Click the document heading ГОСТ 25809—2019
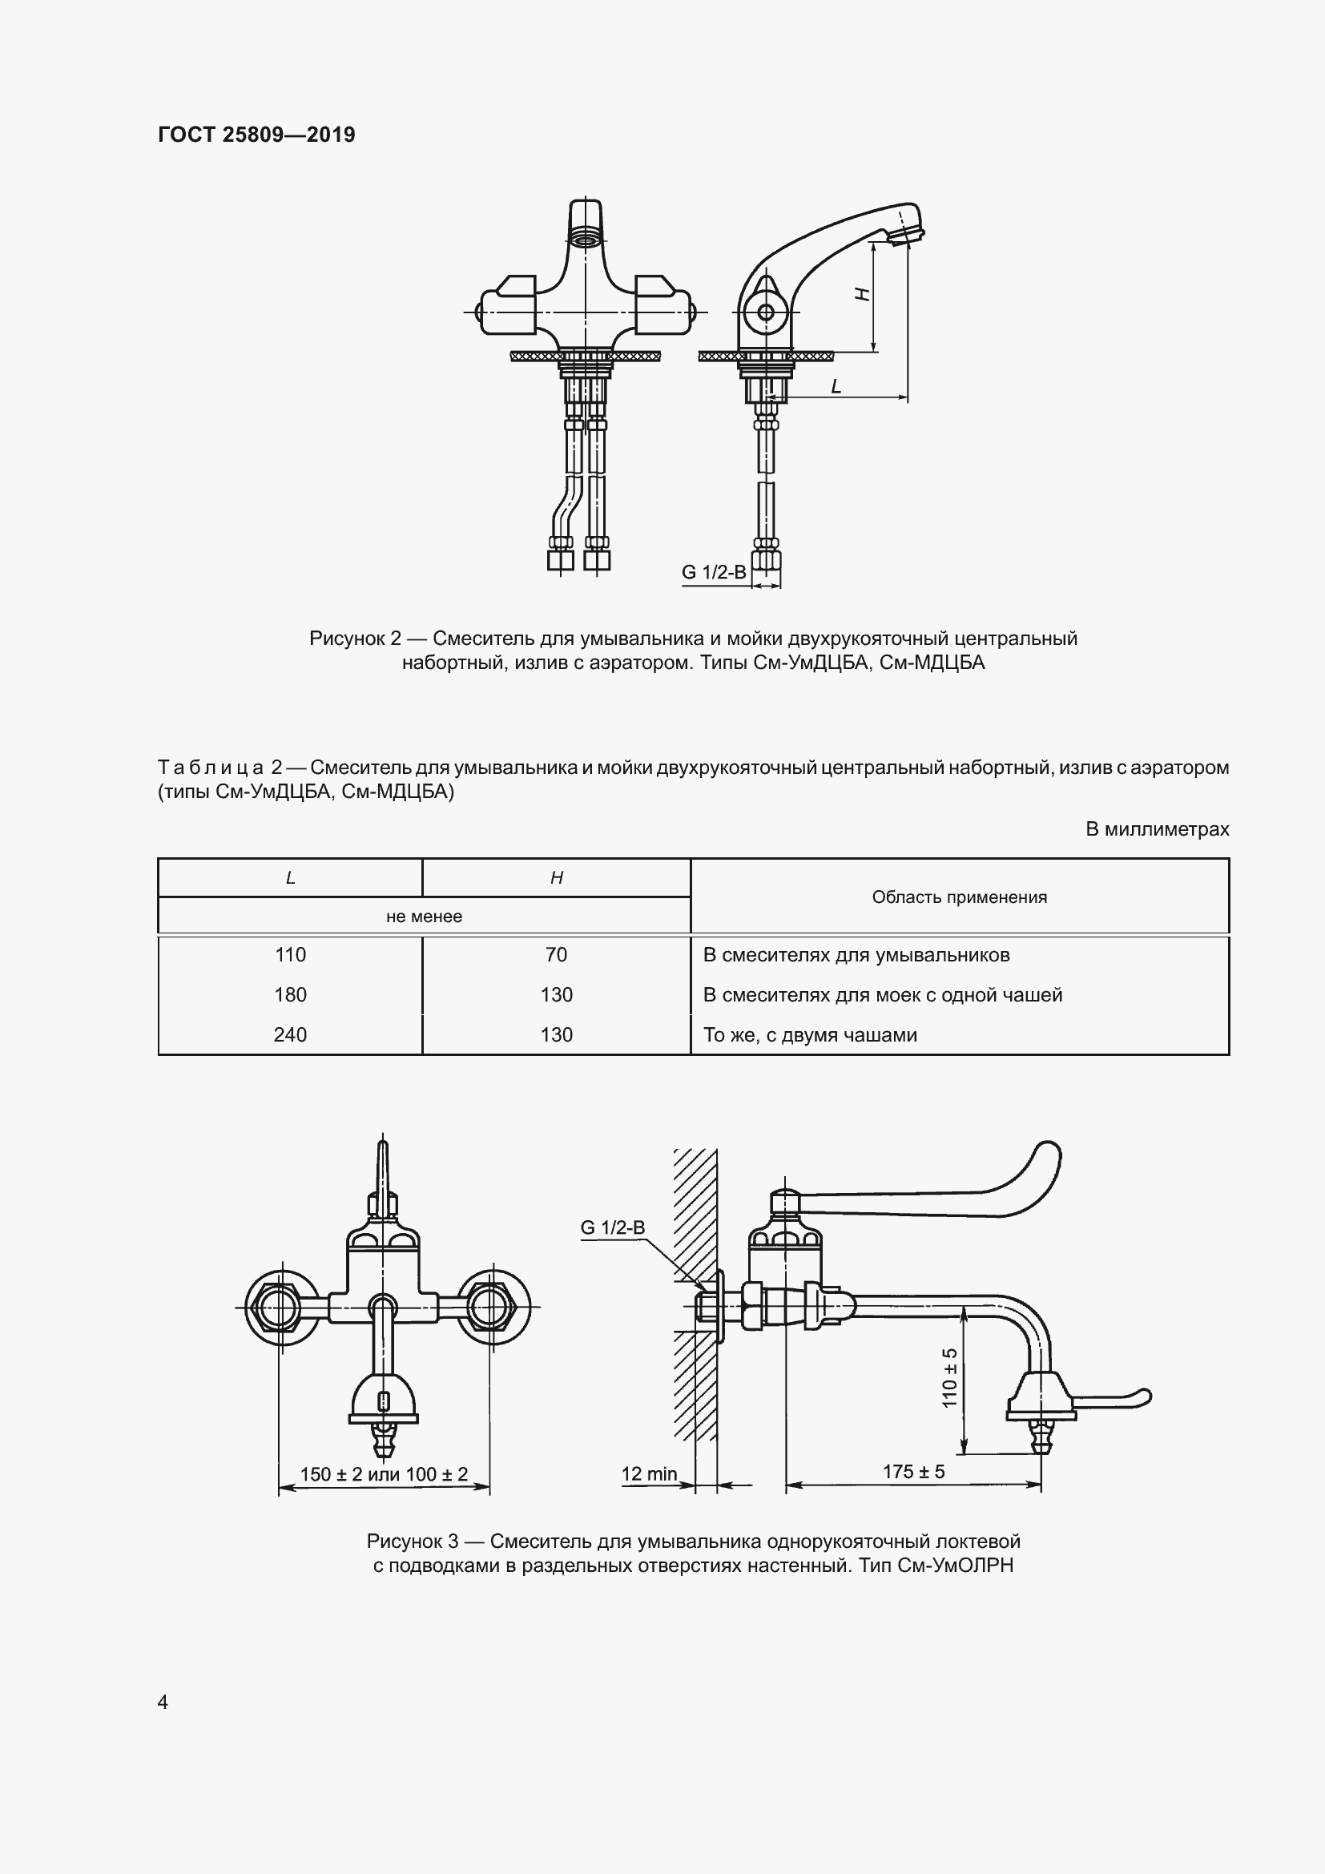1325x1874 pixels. click(x=256, y=135)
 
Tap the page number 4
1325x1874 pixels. click(x=163, y=1702)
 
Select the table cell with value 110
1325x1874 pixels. click(x=291, y=955)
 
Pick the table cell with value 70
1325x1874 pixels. click(x=557, y=955)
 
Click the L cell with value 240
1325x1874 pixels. click(x=291, y=1035)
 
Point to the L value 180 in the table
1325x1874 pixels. click(x=291, y=995)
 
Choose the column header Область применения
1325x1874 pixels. click(x=959, y=897)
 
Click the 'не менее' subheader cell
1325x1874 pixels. click(x=425, y=917)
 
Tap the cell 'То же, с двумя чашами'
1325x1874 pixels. click(x=810, y=1035)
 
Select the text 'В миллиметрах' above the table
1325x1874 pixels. click(x=1157, y=829)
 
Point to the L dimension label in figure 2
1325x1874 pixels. click(x=836, y=387)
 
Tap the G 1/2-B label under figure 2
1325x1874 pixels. click(x=714, y=572)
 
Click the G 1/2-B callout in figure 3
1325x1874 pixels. click(x=613, y=1227)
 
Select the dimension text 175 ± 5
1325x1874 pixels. click(x=914, y=1472)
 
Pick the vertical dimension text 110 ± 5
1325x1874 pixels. click(x=950, y=1378)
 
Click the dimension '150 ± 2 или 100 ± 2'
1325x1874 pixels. click(x=385, y=1474)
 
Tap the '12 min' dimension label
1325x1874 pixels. click(x=650, y=1474)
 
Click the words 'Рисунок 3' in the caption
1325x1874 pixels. click(x=413, y=1542)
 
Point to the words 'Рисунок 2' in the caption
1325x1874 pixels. click(x=356, y=639)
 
